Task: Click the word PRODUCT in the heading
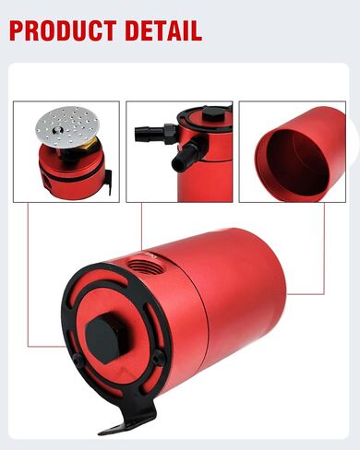tap(63, 30)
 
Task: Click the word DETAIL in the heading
tap(163, 30)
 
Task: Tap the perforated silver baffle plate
tap(67, 124)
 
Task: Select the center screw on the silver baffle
tap(56, 130)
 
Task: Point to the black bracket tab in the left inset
tap(108, 182)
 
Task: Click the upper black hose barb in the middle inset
tap(150, 132)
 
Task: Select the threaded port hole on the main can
tap(142, 264)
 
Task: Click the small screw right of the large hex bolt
tap(159, 358)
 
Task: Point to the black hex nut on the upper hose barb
tap(170, 134)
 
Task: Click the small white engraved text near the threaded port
tap(150, 255)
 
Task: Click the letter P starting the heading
tap(17, 30)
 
